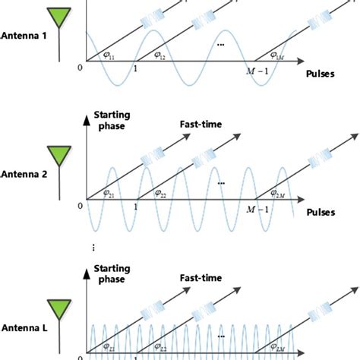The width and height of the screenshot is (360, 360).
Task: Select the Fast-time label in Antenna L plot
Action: (x=201, y=279)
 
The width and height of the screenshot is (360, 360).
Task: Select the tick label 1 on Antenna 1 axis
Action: (x=135, y=69)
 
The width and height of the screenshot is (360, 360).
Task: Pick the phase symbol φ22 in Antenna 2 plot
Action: (x=159, y=194)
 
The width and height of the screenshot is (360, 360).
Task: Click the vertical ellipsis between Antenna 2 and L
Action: (x=92, y=247)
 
